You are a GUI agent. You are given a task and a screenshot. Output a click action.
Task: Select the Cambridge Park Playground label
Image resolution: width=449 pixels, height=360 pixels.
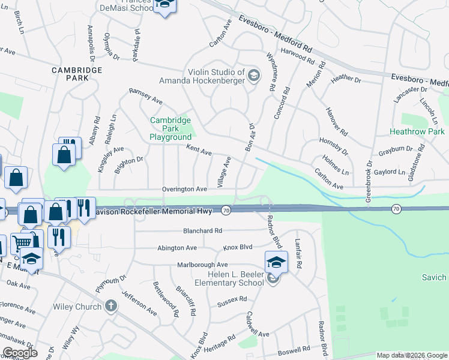[x=170, y=128]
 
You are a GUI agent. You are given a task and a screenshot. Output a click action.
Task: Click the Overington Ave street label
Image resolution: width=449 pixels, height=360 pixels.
[x=184, y=189]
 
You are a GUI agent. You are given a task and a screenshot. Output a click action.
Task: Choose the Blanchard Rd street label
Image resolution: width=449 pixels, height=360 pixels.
[x=202, y=230]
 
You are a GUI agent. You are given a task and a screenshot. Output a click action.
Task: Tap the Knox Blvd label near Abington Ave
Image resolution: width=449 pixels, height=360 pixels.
[x=238, y=247]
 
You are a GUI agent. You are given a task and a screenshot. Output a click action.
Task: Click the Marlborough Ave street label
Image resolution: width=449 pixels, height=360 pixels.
[x=202, y=265]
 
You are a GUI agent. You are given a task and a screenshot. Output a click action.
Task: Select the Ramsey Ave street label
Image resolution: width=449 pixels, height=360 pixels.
[x=146, y=95]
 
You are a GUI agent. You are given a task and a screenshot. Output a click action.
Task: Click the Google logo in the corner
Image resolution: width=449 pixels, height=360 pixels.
[x=19, y=353]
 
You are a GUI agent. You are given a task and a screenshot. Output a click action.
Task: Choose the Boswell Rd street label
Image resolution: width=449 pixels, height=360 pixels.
[x=294, y=348]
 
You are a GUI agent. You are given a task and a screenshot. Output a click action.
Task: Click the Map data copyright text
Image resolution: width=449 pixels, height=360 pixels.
[x=412, y=355]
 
